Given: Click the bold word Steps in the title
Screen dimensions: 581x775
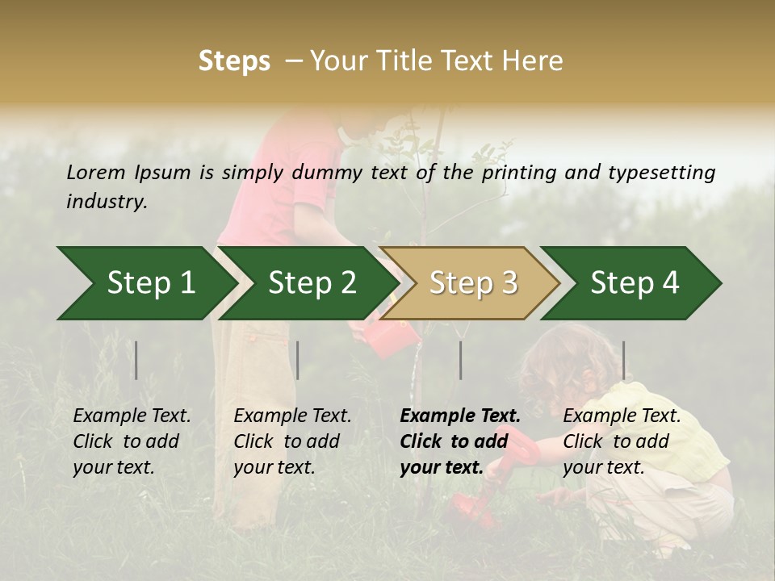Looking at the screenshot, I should [x=234, y=61].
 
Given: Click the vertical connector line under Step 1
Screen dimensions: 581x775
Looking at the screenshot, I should [x=136, y=360].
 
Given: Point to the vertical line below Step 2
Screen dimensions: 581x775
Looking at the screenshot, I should [x=298, y=360].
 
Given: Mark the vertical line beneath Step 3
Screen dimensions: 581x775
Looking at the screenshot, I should [x=460, y=360].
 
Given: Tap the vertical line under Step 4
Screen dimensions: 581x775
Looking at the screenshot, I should [x=623, y=360].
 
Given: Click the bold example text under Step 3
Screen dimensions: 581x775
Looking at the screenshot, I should [x=459, y=441].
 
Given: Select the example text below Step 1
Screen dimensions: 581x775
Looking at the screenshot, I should [x=132, y=441].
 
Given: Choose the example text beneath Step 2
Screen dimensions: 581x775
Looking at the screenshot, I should [x=292, y=441].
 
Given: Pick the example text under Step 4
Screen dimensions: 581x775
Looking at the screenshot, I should [x=622, y=441].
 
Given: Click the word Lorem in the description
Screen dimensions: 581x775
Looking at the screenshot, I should [x=96, y=172].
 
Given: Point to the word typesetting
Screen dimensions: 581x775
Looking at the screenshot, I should [x=661, y=173].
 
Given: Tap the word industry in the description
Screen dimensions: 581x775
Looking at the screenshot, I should [x=106, y=202].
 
